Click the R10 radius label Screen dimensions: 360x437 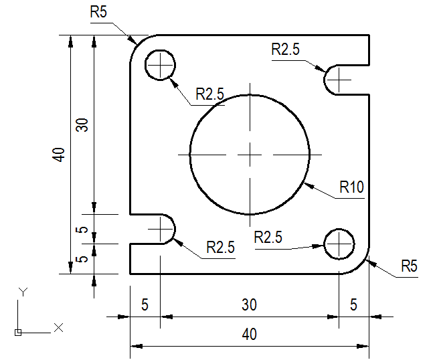[351, 187]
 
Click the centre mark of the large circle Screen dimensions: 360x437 [250, 155]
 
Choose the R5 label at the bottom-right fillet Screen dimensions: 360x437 [409, 266]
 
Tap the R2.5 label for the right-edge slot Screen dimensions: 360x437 [286, 50]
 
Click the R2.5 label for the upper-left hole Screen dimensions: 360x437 [209, 94]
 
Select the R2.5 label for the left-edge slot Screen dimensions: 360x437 [220, 247]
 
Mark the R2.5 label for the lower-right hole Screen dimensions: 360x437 [268, 236]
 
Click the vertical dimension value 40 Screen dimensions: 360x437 [60, 155]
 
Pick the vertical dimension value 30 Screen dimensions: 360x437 [82, 125]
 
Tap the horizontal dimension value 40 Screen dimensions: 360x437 [250, 334]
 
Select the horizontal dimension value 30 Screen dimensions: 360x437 [250, 304]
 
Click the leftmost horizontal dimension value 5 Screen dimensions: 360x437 [145, 304]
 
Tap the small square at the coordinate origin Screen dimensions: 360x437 [17, 332]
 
